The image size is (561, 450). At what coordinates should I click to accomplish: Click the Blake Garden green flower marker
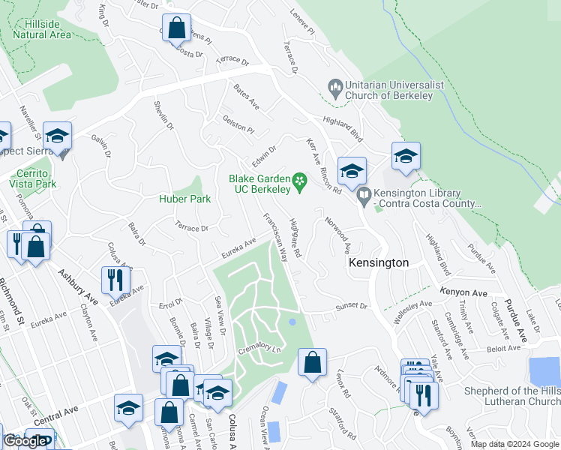299,180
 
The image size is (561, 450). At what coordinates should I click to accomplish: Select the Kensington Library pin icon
364,196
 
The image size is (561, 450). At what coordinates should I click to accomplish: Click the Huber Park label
184,199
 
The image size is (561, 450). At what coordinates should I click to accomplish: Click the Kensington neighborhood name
379,263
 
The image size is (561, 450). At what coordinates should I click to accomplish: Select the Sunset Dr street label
351,306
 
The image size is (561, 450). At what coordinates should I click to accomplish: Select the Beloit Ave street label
502,348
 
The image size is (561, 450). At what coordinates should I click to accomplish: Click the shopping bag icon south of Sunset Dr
312,362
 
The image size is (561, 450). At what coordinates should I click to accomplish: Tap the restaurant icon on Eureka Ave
115,280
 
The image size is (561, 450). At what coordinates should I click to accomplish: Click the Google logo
25,441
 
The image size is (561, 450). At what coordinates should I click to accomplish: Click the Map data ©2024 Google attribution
514,444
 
